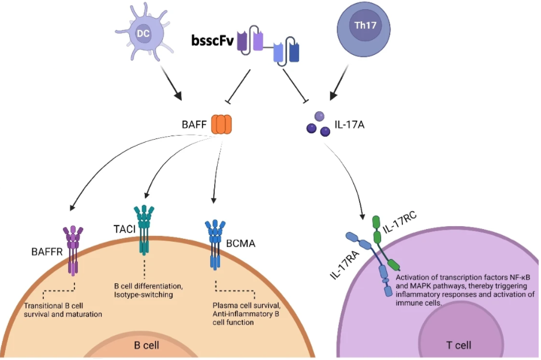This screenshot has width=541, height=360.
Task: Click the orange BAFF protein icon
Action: tap(221, 123)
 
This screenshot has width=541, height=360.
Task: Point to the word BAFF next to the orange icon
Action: tap(193, 123)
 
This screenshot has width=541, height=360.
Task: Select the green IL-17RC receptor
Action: tap(383, 242)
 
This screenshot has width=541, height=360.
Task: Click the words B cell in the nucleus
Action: tap(147, 346)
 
